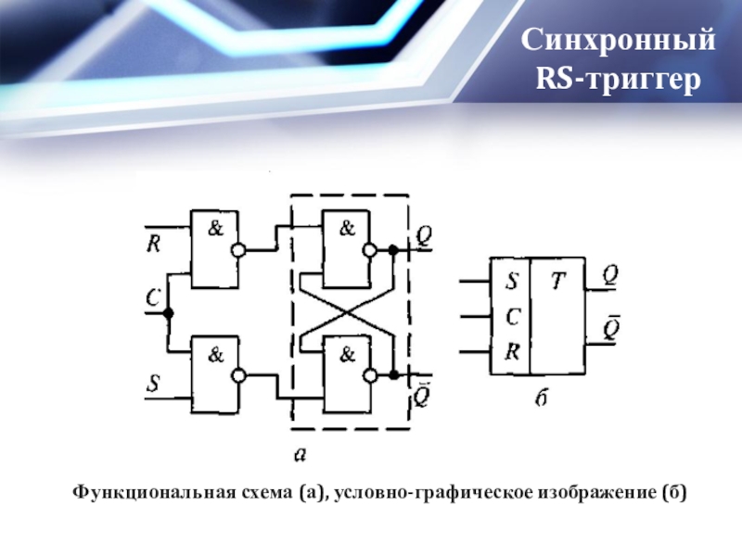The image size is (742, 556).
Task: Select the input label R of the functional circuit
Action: coord(154,245)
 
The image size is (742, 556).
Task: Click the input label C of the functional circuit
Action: coord(154,298)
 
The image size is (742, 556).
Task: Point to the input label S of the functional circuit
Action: coord(154,381)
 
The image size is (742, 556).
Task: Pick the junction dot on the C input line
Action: coord(168,313)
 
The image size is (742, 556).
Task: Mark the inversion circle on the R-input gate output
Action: coord(240,250)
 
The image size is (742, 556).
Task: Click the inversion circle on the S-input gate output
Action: coord(240,376)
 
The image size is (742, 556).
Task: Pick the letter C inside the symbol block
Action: coord(511,316)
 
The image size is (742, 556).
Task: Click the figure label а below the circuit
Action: coord(300,453)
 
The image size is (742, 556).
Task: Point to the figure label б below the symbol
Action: coord(544,398)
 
